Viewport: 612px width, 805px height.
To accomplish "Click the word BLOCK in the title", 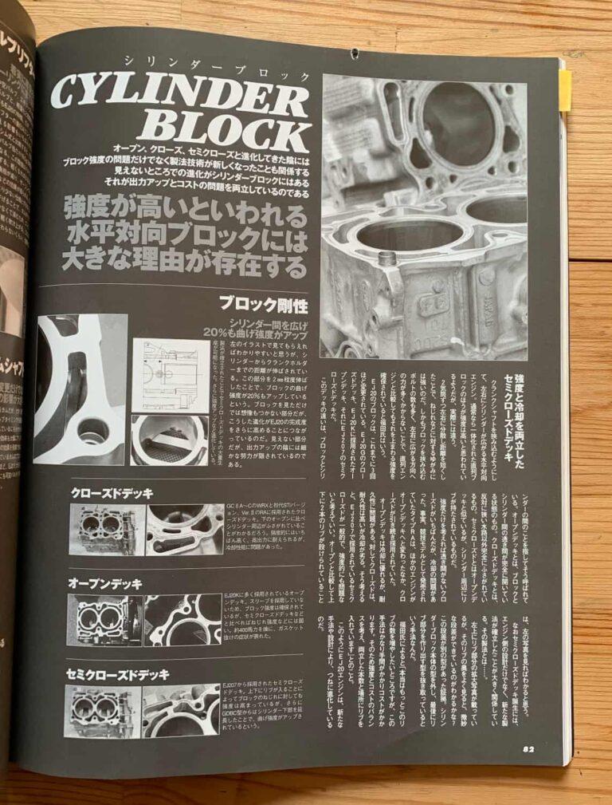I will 231,132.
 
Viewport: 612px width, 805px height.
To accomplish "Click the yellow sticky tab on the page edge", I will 564,89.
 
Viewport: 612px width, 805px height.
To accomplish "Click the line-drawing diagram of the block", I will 171,374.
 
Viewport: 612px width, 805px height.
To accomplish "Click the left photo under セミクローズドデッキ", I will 101,712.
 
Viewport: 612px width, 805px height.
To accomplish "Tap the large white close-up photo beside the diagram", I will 80,389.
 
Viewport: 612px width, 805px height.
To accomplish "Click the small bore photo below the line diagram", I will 170,440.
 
